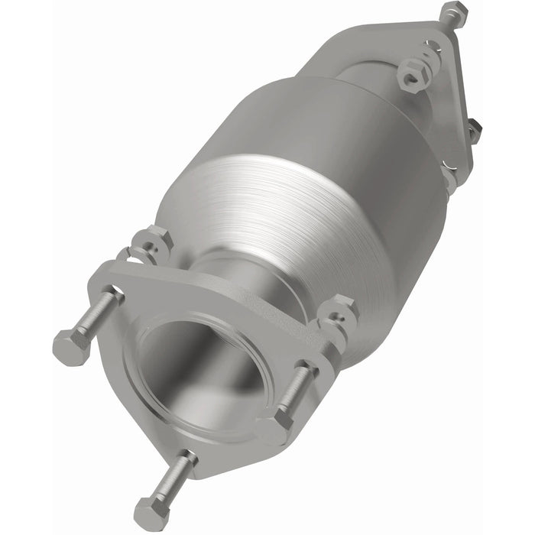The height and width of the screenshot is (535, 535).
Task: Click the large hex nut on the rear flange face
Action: (413, 74)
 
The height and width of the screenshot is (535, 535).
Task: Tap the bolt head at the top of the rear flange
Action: (453, 13)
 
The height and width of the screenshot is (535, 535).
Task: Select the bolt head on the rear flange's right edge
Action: (475, 131)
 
